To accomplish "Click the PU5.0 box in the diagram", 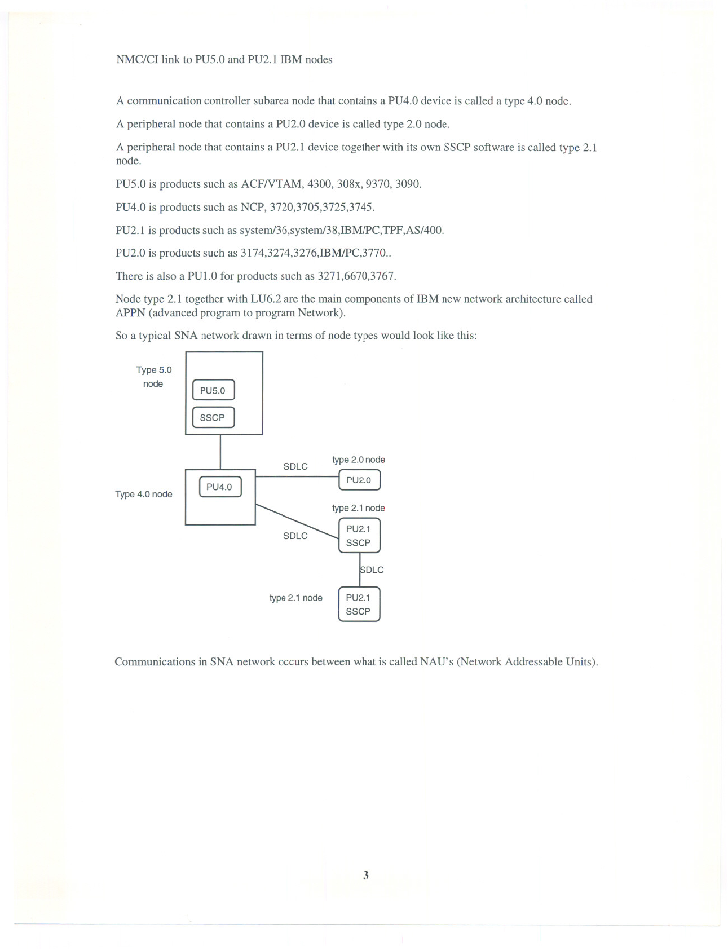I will (x=213, y=390).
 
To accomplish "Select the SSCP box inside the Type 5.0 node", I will (x=213, y=417).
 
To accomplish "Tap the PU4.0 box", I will (x=220, y=487).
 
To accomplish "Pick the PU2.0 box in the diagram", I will (x=359, y=480).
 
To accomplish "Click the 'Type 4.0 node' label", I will (x=144, y=495).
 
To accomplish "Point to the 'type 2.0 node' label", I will (x=359, y=460).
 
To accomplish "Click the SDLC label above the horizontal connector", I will (x=295, y=467).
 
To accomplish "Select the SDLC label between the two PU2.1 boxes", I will (x=372, y=570).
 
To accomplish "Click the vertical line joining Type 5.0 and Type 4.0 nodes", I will (x=220, y=452).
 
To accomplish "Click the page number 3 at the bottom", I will (x=366, y=875).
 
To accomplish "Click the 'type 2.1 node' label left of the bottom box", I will (x=296, y=598).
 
